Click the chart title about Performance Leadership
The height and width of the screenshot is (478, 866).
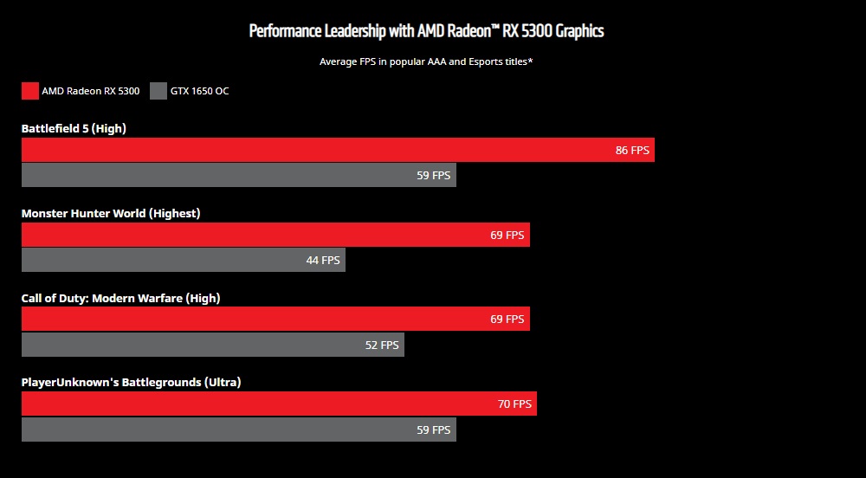coord(426,31)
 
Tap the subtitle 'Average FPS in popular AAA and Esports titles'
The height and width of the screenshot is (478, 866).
coord(426,61)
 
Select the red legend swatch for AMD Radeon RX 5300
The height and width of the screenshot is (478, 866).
coord(30,91)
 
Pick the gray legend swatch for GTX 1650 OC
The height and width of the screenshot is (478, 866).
coord(158,91)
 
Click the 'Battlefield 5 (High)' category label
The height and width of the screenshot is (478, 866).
coord(74,129)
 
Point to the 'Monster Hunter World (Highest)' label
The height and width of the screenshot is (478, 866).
coord(111,213)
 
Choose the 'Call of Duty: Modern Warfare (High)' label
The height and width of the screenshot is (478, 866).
coord(120,298)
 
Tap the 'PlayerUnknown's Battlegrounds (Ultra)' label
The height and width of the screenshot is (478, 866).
coord(131,382)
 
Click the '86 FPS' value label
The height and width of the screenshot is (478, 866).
coord(632,150)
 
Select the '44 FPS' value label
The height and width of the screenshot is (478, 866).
coord(323,260)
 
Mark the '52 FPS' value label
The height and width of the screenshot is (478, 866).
coord(382,345)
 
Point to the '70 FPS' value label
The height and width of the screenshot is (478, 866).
coord(514,404)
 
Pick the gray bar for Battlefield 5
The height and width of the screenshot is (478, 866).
coord(216,175)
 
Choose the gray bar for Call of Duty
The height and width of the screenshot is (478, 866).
coord(191,345)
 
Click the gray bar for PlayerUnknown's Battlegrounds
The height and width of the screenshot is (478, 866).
coord(216,430)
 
